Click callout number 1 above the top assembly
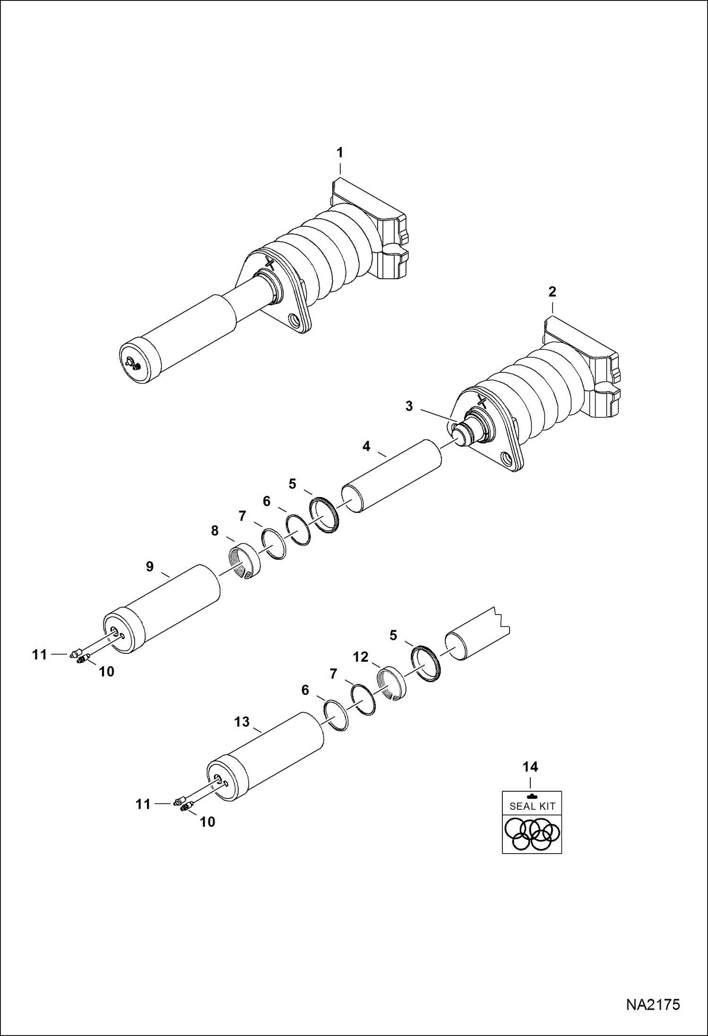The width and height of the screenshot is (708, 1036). point(339,153)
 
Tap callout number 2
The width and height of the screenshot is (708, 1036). point(552,291)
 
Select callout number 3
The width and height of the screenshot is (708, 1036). point(409,406)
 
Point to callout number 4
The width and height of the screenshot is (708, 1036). point(366,446)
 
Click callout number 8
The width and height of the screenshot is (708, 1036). point(215,531)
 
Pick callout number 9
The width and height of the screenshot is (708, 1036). point(150,566)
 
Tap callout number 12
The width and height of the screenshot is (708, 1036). point(361,657)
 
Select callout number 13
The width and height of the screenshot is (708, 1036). point(242,722)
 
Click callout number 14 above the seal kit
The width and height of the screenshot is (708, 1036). point(530,767)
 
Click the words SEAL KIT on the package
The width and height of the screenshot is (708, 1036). point(532,806)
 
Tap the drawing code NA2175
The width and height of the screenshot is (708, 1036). point(653,1005)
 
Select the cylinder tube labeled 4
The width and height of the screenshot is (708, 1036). point(392,476)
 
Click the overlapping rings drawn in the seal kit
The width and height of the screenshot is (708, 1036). point(532,834)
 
